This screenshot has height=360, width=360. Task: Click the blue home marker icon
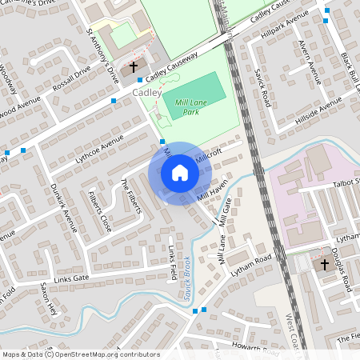180,173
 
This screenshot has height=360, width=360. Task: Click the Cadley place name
146,92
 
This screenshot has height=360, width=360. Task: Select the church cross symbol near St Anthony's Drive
133,67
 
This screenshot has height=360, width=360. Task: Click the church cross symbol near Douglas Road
325,263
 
